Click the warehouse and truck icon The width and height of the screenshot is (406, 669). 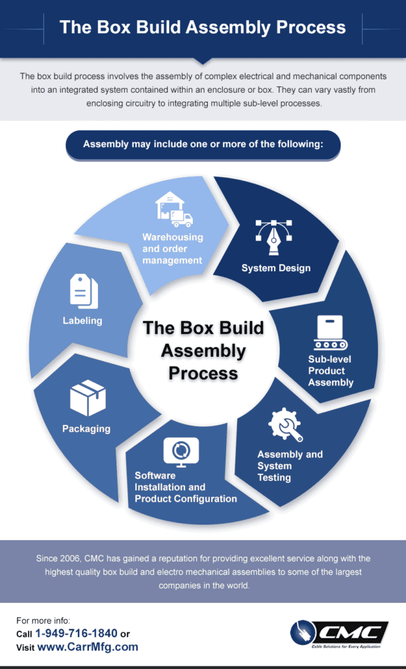pyautogui.click(x=174, y=209)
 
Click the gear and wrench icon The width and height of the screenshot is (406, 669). pyautogui.click(x=286, y=425)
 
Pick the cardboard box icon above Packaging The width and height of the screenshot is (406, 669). pyautogui.click(x=88, y=399)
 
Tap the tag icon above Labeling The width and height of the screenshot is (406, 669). pyautogui.click(x=84, y=291)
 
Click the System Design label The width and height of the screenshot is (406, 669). pyautogui.click(x=276, y=268)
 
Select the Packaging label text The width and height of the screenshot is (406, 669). pyautogui.click(x=86, y=429)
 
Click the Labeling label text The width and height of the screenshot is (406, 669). pyautogui.click(x=82, y=320)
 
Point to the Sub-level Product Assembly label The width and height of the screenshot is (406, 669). pyautogui.click(x=331, y=370)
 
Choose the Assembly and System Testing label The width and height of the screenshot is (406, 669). pyautogui.click(x=290, y=466)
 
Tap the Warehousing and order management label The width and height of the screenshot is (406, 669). pyautogui.click(x=173, y=248)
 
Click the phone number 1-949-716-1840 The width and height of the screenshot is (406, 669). pyautogui.click(x=76, y=633)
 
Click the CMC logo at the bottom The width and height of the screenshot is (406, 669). pyautogui.click(x=339, y=634)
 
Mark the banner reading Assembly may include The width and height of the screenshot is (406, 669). pyautogui.click(x=203, y=144)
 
